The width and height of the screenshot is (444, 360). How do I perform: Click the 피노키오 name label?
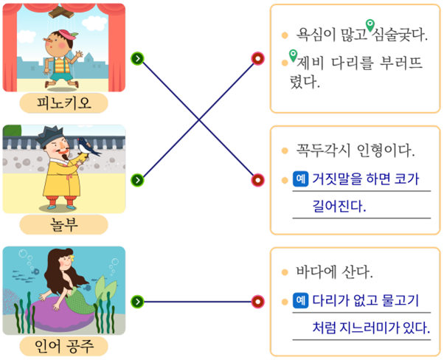point(63,103)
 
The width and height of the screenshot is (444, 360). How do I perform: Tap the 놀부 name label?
point(63,224)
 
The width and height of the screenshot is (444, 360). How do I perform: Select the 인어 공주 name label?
point(63,346)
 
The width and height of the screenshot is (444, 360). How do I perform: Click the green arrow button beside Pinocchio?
point(138,58)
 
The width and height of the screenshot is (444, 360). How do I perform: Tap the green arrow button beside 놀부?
point(138,180)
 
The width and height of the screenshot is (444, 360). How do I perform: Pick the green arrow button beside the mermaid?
point(138,302)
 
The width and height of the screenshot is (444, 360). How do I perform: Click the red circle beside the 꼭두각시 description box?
point(257,180)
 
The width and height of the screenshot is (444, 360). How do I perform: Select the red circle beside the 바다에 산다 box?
point(257,302)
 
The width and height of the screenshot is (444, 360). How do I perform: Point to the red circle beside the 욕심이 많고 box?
point(257,58)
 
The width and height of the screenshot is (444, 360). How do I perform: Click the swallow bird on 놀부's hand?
point(89,147)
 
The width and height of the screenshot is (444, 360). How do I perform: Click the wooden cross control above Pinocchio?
point(61,12)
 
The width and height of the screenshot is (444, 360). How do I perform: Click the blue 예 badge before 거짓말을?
point(300,179)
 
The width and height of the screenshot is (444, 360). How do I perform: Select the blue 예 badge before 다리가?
point(300,300)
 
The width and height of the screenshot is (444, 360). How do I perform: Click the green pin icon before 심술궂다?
point(370,26)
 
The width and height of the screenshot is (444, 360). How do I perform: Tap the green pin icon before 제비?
point(293,55)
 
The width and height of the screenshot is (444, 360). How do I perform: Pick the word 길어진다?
point(339,206)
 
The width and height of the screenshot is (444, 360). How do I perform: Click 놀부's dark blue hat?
point(50,136)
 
